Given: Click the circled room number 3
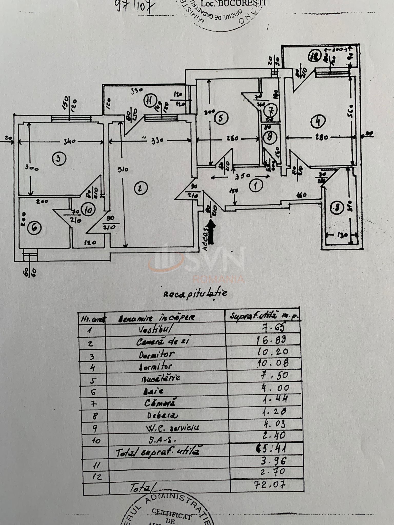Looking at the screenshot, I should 59,159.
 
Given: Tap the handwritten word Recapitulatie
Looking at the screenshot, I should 195,294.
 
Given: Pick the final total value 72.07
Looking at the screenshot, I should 270,484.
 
